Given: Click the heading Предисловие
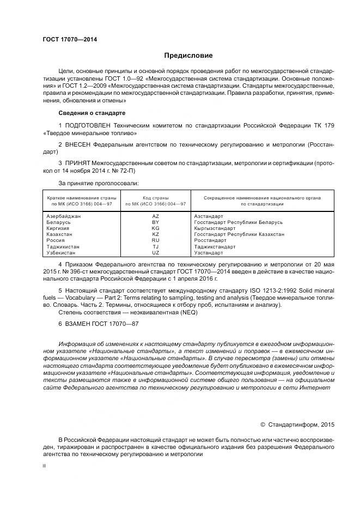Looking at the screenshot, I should tap(188, 56).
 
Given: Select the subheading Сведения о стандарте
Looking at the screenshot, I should tap(91, 113).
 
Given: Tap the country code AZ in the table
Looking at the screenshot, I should tap(155, 216).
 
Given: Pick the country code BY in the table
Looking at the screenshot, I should tap(155, 222).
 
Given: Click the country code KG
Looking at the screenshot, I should tap(155, 228).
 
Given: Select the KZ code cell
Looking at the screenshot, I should tap(155, 234).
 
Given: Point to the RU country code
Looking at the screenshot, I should tap(155, 240).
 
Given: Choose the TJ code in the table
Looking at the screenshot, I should tap(155, 247).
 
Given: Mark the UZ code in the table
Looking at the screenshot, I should tap(155, 253).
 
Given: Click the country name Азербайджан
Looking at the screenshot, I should tap(64, 216).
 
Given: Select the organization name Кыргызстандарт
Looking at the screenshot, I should tap(215, 228).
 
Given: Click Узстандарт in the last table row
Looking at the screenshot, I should tap(209, 253).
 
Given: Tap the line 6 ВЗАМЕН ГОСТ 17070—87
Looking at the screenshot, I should tap(99, 324).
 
